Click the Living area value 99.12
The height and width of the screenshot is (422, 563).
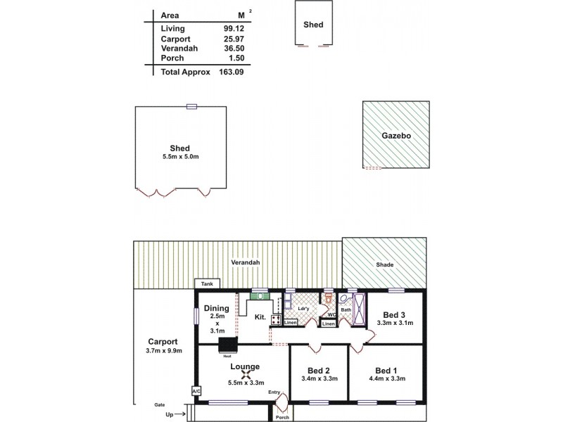click(x=234, y=28)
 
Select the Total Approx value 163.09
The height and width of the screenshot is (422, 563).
click(x=231, y=72)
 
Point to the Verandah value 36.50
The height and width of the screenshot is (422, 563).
click(x=234, y=48)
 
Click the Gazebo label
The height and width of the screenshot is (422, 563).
click(x=396, y=136)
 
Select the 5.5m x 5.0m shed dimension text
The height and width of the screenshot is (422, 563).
click(x=180, y=158)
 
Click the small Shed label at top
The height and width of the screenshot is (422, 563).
click(x=313, y=25)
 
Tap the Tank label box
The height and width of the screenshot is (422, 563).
click(x=207, y=283)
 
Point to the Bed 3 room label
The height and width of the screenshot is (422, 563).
click(x=393, y=314)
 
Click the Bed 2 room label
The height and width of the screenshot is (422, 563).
click(x=319, y=370)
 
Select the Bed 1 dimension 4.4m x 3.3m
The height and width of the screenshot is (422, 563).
click(x=386, y=378)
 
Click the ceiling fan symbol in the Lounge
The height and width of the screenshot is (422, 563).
click(x=246, y=374)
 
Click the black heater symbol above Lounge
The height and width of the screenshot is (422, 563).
click(x=228, y=345)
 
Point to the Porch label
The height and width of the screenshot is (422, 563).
click(x=282, y=417)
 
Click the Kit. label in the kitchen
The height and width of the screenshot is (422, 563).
click(x=260, y=318)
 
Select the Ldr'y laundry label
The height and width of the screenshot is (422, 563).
click(x=304, y=308)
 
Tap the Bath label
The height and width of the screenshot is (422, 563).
click(x=346, y=309)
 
